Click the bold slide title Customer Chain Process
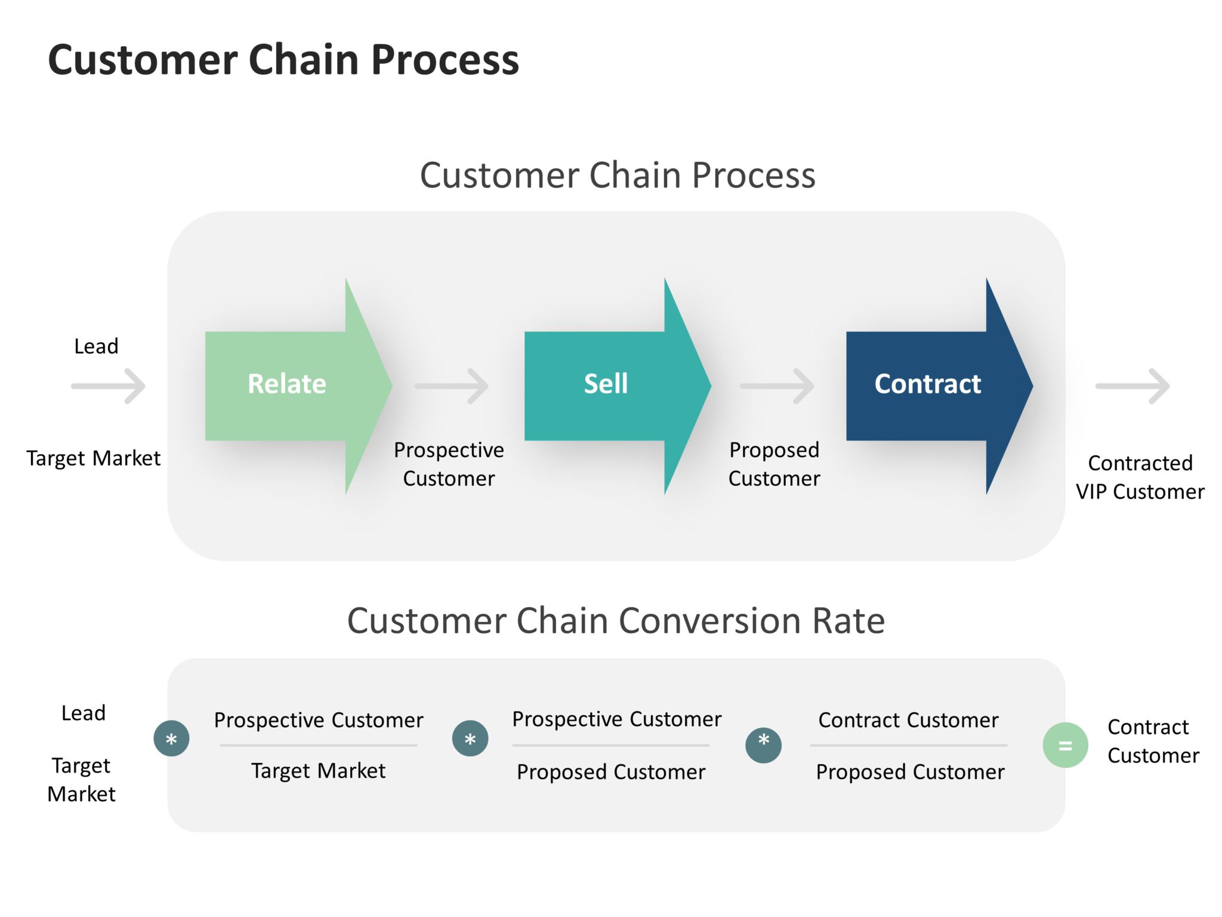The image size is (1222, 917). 283,60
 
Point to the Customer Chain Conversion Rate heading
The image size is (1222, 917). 616,621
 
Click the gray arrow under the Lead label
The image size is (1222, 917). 109,386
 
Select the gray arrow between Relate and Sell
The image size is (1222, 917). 452,386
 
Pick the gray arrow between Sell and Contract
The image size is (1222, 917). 777,386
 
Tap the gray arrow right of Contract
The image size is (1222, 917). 1132,386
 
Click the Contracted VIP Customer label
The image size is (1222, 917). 1140,477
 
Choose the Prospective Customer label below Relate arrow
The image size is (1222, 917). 449,464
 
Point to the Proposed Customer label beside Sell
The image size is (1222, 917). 774,464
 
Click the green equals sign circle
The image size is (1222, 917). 1065,745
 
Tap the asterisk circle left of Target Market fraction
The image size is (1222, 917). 171,738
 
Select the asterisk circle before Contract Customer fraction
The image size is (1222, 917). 763,744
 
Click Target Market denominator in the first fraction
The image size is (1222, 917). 318,771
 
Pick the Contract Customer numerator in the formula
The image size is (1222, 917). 908,720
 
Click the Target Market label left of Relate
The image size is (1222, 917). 94,458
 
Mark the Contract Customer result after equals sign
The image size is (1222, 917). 1152,741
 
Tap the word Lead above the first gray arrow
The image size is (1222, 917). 96,346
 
